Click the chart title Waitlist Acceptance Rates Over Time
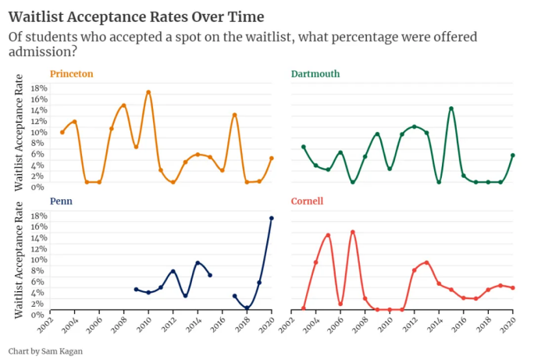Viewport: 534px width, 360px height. [x=136, y=16]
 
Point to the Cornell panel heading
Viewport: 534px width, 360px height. [x=307, y=201]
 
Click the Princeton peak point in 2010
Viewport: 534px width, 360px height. [x=148, y=92]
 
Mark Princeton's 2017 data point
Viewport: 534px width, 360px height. [x=234, y=115]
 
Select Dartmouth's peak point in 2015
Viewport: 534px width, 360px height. [x=451, y=109]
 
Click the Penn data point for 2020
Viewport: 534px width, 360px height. [x=272, y=218]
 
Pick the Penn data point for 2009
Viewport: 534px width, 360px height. [x=136, y=289]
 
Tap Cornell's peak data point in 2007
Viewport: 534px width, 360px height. [x=353, y=232]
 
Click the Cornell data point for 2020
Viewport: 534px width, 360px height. [x=512, y=287]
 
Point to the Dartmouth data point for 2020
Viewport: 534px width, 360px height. [x=512, y=155]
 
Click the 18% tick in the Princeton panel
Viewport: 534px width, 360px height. [x=39, y=88]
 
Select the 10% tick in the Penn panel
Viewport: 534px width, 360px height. [x=39, y=258]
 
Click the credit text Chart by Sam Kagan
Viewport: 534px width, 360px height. [x=45, y=351]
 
